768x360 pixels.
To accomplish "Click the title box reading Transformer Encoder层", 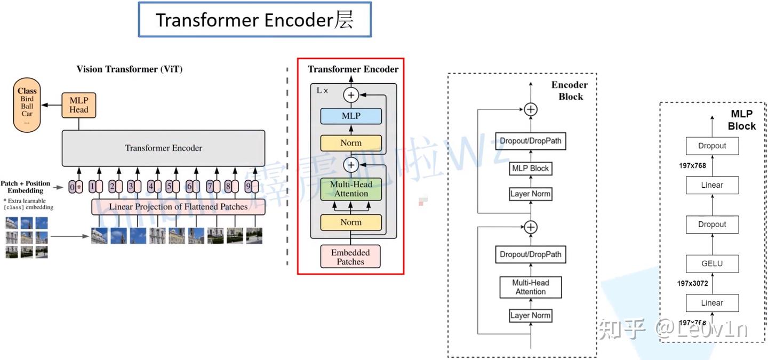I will (x=254, y=20).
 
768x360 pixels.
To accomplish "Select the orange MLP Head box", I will (x=78, y=105).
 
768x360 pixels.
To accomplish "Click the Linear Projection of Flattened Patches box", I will (x=178, y=206).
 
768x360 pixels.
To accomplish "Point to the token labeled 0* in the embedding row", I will (x=75, y=187).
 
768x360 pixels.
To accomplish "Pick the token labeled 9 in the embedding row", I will (x=251, y=187).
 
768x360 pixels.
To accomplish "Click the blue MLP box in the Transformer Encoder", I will (x=350, y=116).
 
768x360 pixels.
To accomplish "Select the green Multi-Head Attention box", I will (x=350, y=189).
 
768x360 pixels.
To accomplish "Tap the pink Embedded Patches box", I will (x=350, y=257).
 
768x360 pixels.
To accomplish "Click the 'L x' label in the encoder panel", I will (x=322, y=91).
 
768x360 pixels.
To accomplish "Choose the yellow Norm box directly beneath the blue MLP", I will (x=350, y=143).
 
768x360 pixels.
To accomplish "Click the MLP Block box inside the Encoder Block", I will (x=530, y=168).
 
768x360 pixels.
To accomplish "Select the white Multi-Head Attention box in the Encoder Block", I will (x=530, y=287).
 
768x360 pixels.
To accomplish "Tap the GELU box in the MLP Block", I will (x=712, y=263).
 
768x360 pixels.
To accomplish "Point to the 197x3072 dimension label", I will (x=693, y=283).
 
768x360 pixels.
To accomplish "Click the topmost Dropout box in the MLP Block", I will (x=712, y=146).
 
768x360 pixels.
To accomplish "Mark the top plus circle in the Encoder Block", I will (x=530, y=109).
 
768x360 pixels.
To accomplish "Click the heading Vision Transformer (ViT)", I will (x=129, y=69).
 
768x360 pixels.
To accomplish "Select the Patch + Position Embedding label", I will (x=25, y=187).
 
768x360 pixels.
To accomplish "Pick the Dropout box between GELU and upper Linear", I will (x=712, y=224).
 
